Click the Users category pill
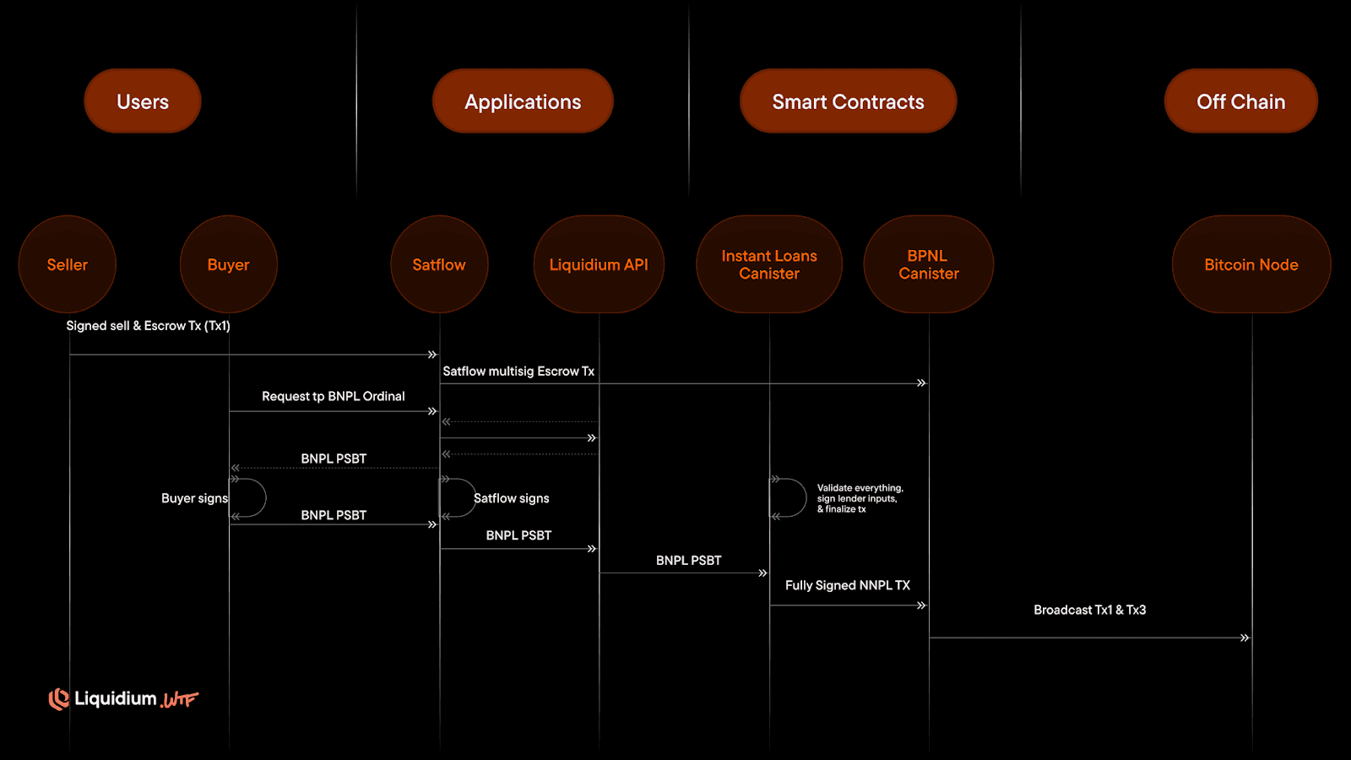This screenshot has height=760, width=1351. coord(143,101)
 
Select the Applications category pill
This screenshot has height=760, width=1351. coord(523,101)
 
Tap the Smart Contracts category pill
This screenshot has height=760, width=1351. coord(848,101)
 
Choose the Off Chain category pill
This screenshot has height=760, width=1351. coord(1240,101)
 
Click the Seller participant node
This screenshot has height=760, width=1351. coord(68,264)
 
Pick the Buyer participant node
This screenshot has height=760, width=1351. coord(228,264)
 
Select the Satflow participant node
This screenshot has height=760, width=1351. coord(439,264)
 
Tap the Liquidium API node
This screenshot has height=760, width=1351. coord(599,264)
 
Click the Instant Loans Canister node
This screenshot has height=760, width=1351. coord(769,264)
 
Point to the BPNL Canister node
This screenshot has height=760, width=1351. coord(928,264)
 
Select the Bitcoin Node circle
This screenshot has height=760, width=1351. coord(1251,264)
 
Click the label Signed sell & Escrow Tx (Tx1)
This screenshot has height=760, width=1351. coord(149,326)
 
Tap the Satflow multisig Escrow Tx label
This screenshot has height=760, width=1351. coord(518,372)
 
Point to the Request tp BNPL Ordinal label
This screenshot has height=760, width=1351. coord(334,397)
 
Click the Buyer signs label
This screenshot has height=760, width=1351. coord(194,499)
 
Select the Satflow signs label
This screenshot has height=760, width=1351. coord(512,499)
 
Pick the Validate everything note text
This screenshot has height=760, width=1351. coord(860,498)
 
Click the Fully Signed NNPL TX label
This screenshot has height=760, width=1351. coord(848,585)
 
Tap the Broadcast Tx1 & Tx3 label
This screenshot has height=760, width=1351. coord(1090,610)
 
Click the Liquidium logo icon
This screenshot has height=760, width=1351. coord(58,699)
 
